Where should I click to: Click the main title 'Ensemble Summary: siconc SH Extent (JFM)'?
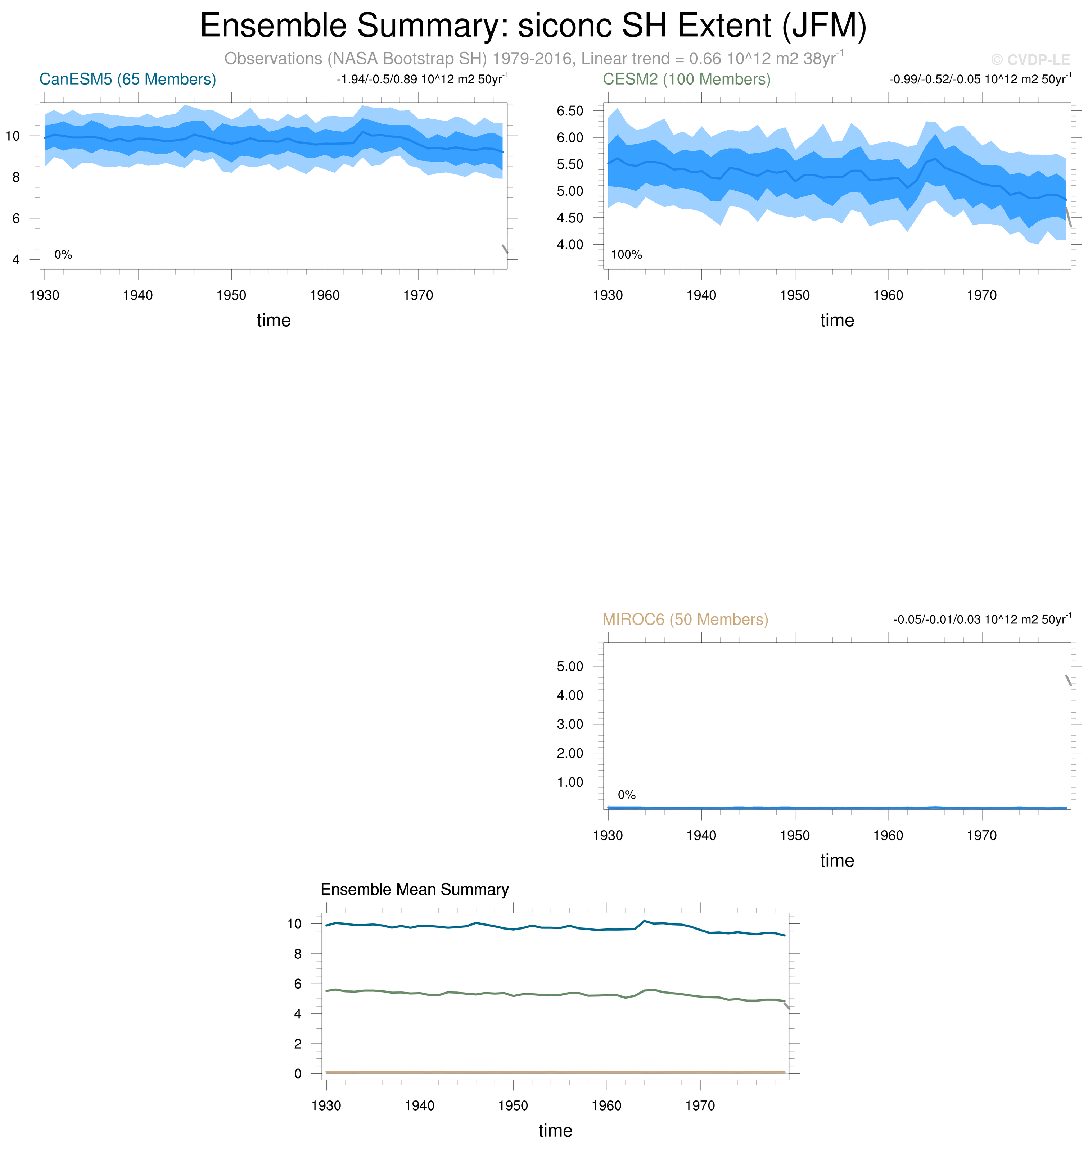[533, 26]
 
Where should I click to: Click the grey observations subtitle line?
[533, 59]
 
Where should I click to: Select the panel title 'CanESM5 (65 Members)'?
[128, 80]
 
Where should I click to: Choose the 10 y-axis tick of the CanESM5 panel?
[12, 136]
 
